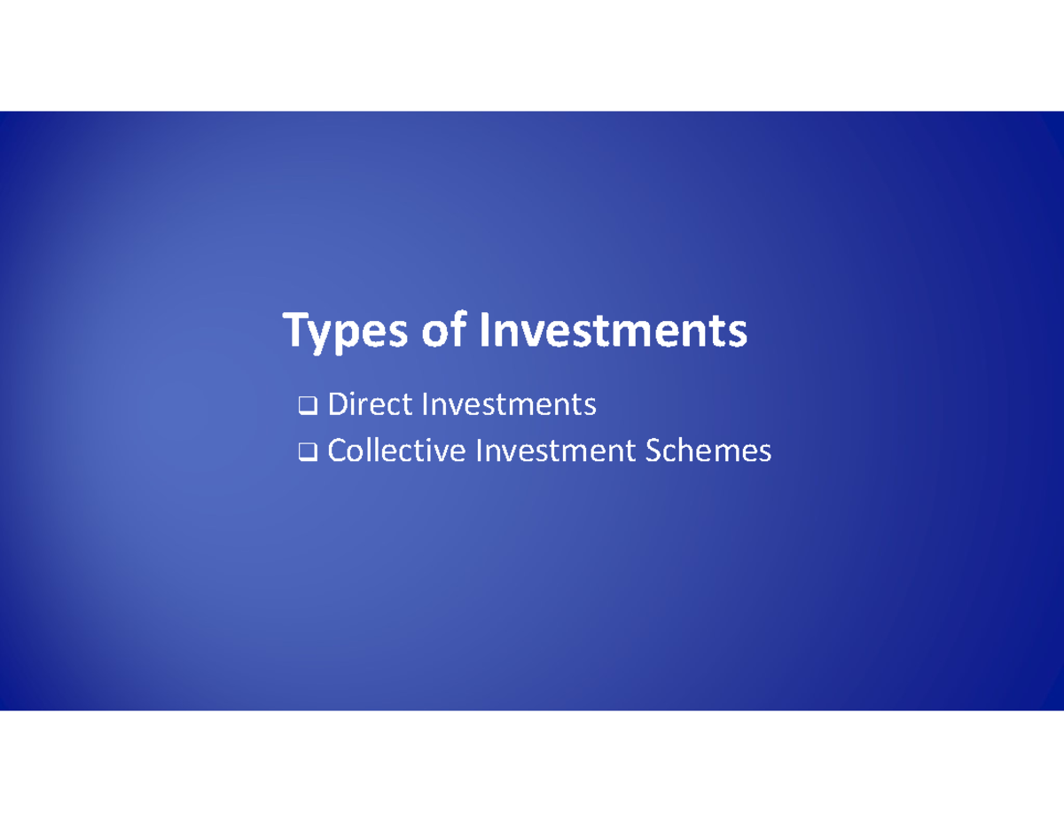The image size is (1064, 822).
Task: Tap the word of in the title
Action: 444,330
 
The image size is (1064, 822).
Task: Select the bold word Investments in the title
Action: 613,331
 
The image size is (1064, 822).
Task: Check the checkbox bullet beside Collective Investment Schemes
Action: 308,453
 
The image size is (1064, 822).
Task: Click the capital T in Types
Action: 295,330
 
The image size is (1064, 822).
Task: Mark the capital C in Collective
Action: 337,451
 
